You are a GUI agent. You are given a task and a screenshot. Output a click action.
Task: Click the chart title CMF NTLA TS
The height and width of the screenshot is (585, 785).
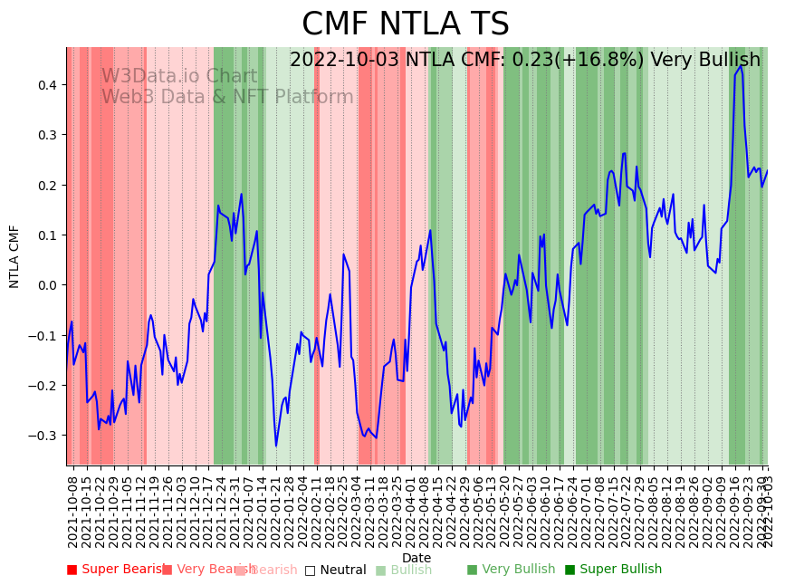[x=405, y=24]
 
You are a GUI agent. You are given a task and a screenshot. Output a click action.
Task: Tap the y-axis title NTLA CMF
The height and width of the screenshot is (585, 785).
[x=14, y=256]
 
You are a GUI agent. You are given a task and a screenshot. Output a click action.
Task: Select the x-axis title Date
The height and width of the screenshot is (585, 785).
[x=416, y=558]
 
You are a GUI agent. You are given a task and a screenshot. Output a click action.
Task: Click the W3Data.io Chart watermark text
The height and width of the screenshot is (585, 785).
[x=179, y=76]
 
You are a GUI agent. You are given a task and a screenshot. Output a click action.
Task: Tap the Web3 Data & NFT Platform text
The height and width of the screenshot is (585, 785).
[x=227, y=97]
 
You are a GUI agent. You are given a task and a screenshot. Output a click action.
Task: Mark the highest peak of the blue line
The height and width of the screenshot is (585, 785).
[x=742, y=65]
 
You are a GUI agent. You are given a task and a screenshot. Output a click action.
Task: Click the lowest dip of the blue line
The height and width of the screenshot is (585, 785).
[x=276, y=446]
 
